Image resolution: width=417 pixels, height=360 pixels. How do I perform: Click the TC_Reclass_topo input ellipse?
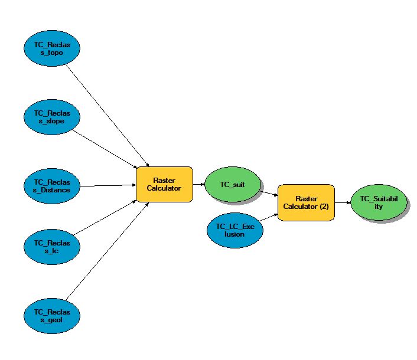(x=52, y=49)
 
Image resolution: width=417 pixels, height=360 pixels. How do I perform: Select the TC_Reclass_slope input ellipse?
(x=52, y=117)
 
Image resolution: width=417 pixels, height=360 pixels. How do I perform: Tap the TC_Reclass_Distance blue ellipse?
(x=52, y=185)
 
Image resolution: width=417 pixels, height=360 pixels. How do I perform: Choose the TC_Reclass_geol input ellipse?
(x=52, y=316)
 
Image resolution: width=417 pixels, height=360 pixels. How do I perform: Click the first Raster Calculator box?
(x=164, y=185)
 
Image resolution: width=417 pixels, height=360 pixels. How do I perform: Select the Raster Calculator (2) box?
(x=306, y=202)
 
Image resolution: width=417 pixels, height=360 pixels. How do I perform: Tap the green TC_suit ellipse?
(x=233, y=185)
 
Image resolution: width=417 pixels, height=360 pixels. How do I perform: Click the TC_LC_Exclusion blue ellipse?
(x=234, y=230)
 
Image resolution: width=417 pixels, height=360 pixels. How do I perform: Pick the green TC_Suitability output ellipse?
(x=378, y=202)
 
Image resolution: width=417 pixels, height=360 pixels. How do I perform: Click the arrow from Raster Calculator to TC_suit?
(x=198, y=185)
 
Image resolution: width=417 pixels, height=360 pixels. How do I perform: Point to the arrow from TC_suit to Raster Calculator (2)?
(x=269, y=192)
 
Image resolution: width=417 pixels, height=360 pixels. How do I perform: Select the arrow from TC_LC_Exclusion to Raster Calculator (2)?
(x=269, y=217)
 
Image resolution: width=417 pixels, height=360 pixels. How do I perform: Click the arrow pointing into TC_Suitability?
(x=343, y=202)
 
